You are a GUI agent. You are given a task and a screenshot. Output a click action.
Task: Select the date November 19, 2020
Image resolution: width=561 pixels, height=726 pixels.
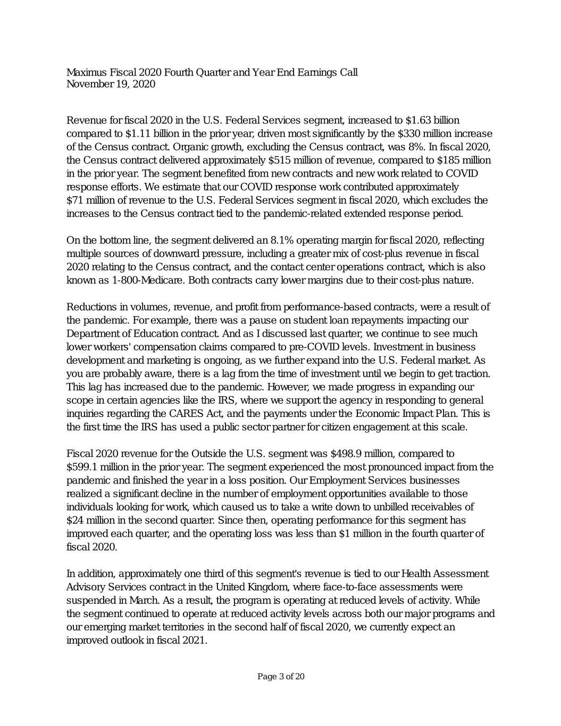[111, 85]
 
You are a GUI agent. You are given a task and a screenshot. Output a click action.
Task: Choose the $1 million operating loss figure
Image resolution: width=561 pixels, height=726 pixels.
[361, 533]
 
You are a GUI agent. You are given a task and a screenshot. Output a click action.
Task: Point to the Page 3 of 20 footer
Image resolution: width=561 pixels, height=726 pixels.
[281, 677]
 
